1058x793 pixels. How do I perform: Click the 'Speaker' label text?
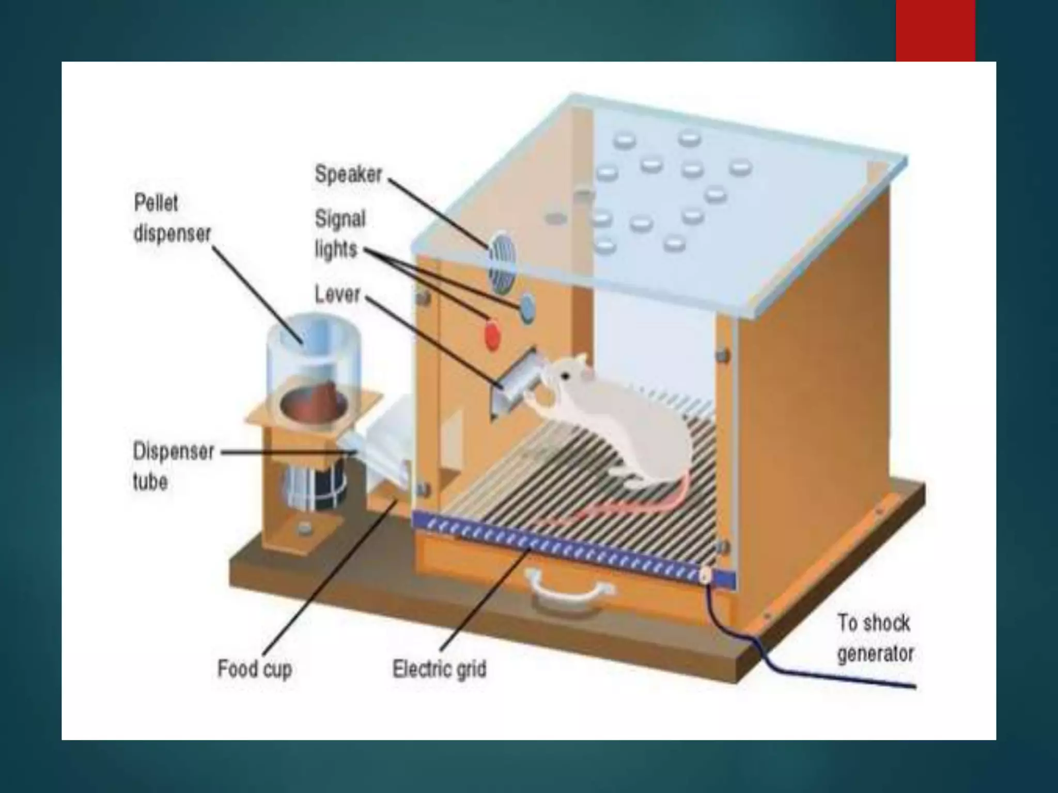[x=348, y=175]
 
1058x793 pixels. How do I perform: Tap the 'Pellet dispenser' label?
[x=172, y=218]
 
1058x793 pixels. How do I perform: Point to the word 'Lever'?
[x=337, y=295]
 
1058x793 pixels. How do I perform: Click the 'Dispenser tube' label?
[x=173, y=466]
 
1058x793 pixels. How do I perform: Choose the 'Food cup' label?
[x=255, y=669]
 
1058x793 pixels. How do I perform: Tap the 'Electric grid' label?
[x=439, y=669]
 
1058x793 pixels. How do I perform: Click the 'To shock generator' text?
[x=875, y=638]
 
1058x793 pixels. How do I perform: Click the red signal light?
[x=492, y=333]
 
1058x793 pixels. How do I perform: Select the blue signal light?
[x=527, y=308]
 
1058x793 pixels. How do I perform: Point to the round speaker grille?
[x=501, y=266]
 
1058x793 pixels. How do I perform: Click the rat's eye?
[x=566, y=376]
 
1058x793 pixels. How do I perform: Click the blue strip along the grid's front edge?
[x=568, y=550]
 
